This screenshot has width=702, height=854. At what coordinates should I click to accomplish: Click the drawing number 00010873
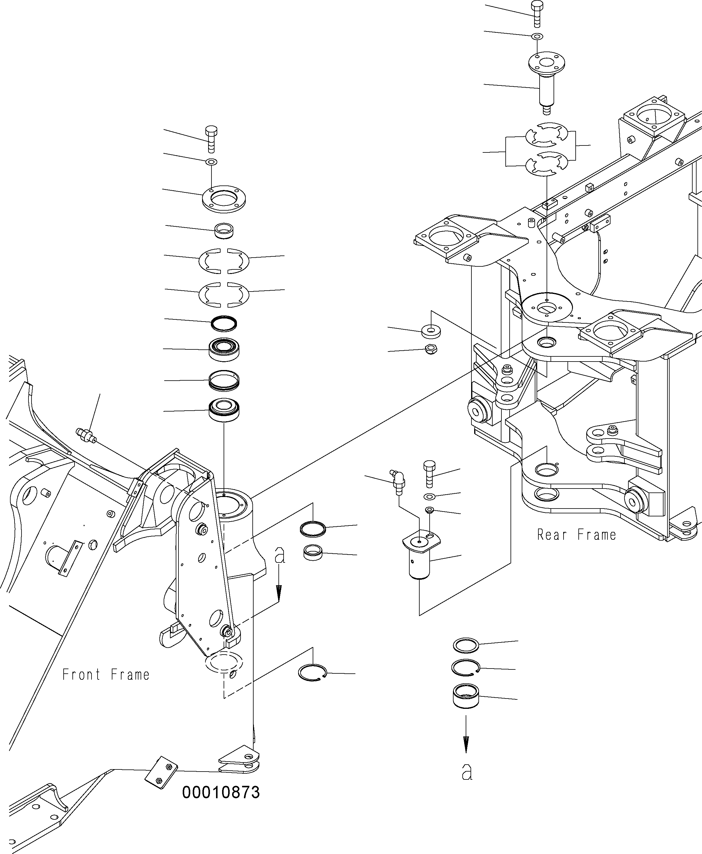point(221,792)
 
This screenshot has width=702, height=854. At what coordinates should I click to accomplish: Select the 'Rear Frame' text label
point(577,535)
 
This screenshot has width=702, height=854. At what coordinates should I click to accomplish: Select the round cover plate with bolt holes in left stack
point(224,199)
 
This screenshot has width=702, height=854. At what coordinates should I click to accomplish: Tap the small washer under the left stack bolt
point(211,162)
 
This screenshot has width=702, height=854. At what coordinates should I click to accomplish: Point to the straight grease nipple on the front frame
point(86,435)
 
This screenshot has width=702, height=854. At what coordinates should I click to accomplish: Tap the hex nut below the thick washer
point(431,349)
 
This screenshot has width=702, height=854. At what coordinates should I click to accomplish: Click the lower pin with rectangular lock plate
point(421,556)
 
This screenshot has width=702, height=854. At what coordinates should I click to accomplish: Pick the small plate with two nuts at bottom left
point(161,772)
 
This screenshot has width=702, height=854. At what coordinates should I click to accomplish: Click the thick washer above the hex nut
point(431,331)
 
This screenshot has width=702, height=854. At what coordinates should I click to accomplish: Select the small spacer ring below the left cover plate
point(224,231)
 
